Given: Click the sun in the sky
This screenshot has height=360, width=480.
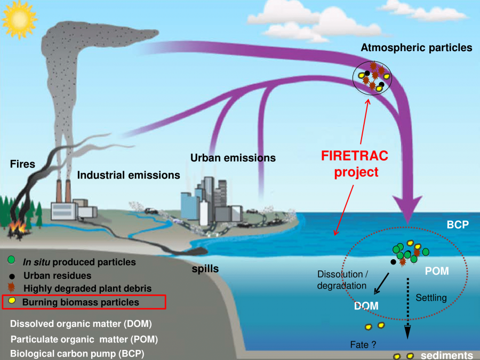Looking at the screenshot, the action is click(19, 20).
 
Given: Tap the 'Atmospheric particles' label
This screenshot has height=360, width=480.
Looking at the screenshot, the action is click(417, 48).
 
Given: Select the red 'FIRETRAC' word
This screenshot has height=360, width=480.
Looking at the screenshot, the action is click(355, 156).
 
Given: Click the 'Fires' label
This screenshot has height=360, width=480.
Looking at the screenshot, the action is click(22, 164).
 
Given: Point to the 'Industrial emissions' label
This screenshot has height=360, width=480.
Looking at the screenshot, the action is click(129, 175).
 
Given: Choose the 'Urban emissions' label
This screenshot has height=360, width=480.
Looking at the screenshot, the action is click(233, 158).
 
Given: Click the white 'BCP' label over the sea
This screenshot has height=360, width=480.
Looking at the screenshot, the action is click(458, 225).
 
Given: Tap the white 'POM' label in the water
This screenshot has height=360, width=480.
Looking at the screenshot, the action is click(437, 271).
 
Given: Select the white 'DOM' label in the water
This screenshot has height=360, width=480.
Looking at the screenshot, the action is click(366, 306).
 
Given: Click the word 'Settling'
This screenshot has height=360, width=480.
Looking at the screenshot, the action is click(431, 298).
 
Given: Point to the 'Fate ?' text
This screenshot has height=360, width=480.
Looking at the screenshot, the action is click(363, 345).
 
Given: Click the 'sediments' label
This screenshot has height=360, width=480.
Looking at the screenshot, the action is click(446, 355).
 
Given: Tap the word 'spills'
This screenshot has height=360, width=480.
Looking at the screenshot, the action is click(205, 269).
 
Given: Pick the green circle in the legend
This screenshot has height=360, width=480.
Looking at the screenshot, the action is click(11, 260).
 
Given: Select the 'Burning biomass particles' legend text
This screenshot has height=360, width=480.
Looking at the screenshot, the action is click(81, 302).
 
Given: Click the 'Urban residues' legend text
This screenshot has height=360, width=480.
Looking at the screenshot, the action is click(57, 276).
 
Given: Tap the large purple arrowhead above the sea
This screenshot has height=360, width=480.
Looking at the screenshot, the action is click(407, 209).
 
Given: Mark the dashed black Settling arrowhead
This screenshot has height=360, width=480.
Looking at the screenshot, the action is click(407, 332).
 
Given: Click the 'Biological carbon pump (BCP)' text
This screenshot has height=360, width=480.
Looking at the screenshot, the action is click(77, 354).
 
